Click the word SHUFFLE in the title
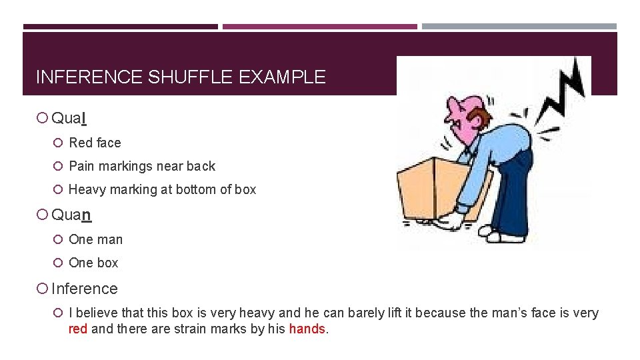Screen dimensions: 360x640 click(x=189, y=77)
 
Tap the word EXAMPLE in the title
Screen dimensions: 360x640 click(x=281, y=77)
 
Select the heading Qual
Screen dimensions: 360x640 click(x=69, y=119)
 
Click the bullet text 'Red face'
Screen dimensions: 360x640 click(x=95, y=143)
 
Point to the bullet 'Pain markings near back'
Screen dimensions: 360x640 click(x=142, y=166)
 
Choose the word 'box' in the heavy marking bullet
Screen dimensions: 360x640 click(x=245, y=189)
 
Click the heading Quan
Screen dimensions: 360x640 click(x=71, y=215)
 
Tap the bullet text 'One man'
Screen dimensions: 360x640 click(x=95, y=239)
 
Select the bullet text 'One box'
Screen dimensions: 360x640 click(x=93, y=263)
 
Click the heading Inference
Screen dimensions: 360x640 click(x=84, y=289)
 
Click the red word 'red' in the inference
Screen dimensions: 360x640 click(x=78, y=329)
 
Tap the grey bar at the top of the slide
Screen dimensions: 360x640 click(x=519, y=27)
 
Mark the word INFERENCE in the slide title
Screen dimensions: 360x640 click(x=89, y=77)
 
